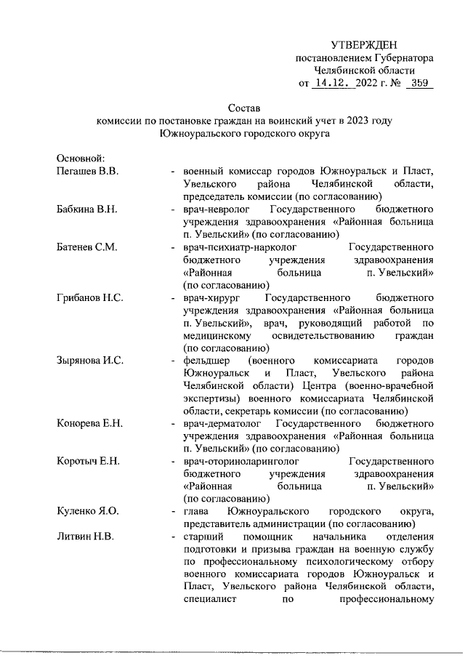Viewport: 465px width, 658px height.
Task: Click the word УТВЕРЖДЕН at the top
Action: tap(364, 45)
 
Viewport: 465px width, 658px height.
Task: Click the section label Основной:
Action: tap(81, 159)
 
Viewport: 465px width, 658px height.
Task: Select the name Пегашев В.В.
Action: tap(88, 171)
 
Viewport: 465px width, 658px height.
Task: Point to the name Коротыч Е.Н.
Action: tap(89, 462)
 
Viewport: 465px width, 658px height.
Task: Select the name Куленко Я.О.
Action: tap(87, 512)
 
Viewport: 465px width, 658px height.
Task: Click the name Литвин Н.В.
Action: tap(84, 537)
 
